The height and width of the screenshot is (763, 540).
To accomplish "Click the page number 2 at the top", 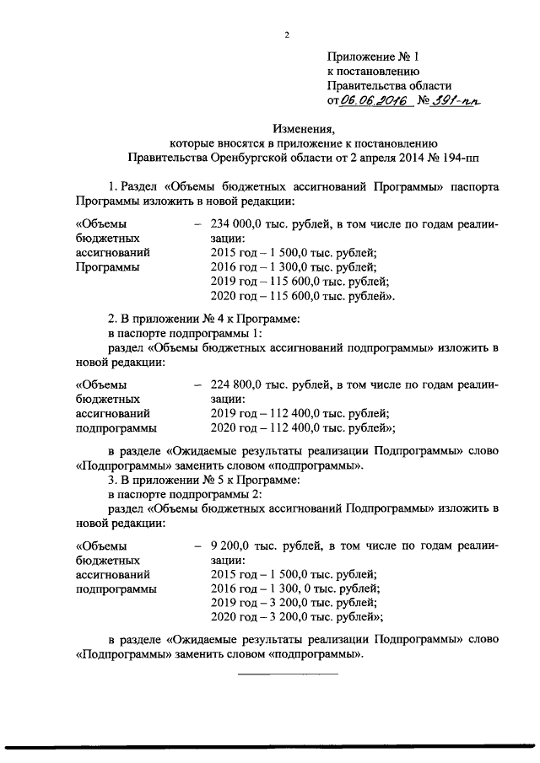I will tap(287, 35).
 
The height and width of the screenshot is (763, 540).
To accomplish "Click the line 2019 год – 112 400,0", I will tap(300, 413).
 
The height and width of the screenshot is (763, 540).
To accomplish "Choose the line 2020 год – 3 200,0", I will tap(296, 618).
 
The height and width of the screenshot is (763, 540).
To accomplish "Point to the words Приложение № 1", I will tap(373, 57).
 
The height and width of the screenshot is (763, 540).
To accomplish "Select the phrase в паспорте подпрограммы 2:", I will tap(175, 494).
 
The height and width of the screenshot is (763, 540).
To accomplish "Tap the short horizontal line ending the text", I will tap(287, 673).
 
